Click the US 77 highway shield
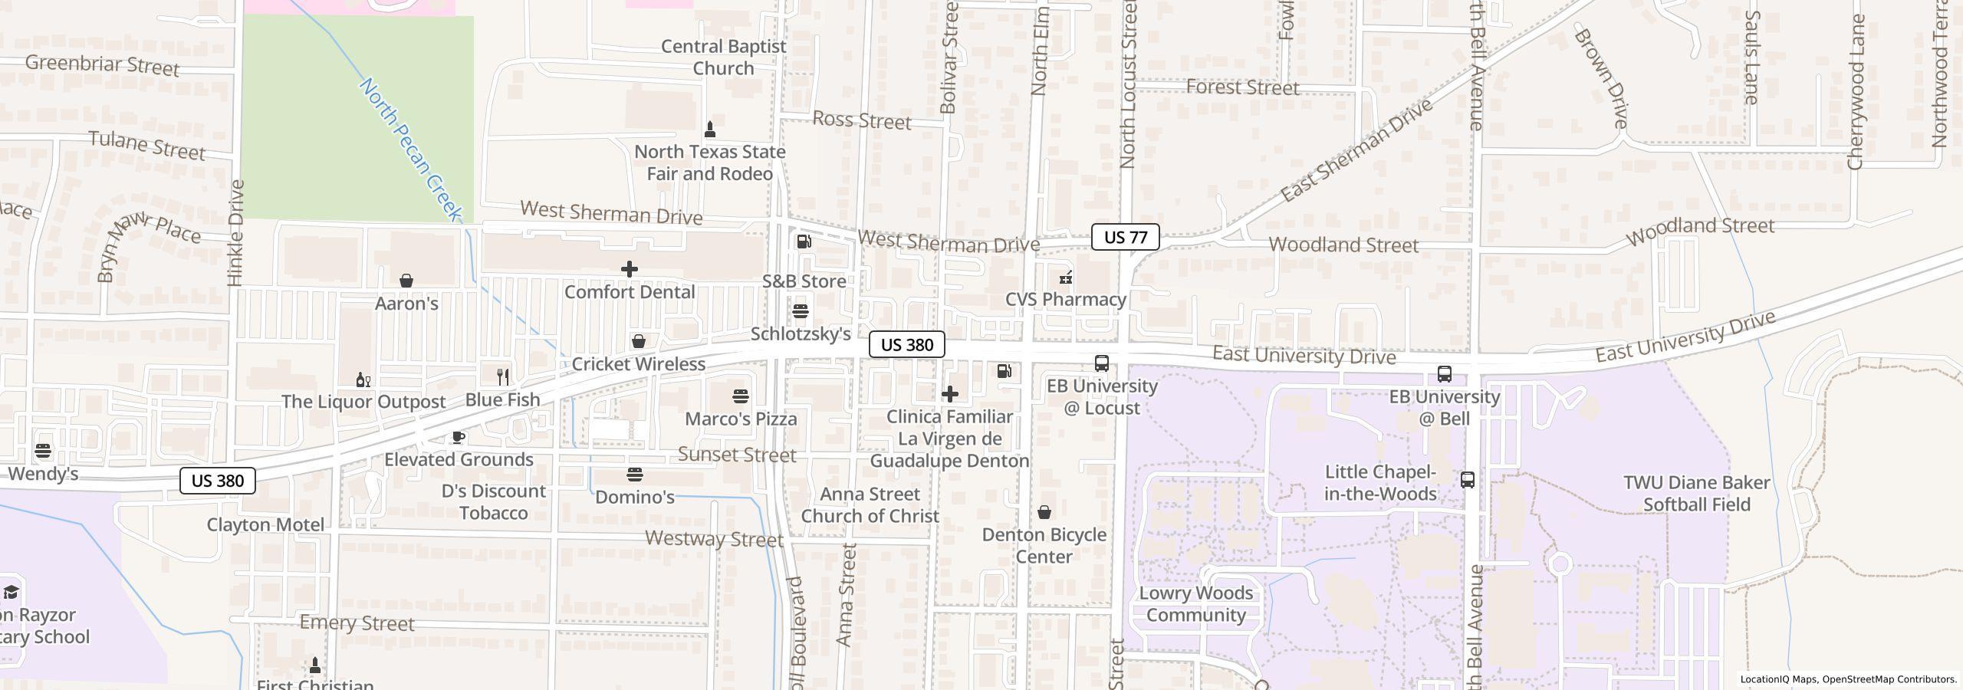(1125, 237)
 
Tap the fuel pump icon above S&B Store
(804, 242)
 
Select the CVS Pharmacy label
(1065, 299)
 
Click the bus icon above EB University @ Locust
(1101, 363)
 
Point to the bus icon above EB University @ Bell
(1444, 374)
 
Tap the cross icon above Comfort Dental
(629, 269)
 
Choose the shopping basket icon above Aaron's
(406, 281)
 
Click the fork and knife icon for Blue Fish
(503, 376)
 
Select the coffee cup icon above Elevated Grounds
(458, 437)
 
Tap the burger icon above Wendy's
(43, 451)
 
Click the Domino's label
(634, 497)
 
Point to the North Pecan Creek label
(411, 149)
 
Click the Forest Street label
(1242, 87)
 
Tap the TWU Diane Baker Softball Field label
(1696, 494)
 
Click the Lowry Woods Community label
(1195, 604)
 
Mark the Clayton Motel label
(265, 525)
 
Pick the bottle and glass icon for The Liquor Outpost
(363, 379)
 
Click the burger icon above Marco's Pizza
(740, 396)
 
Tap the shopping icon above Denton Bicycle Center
(1044, 512)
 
